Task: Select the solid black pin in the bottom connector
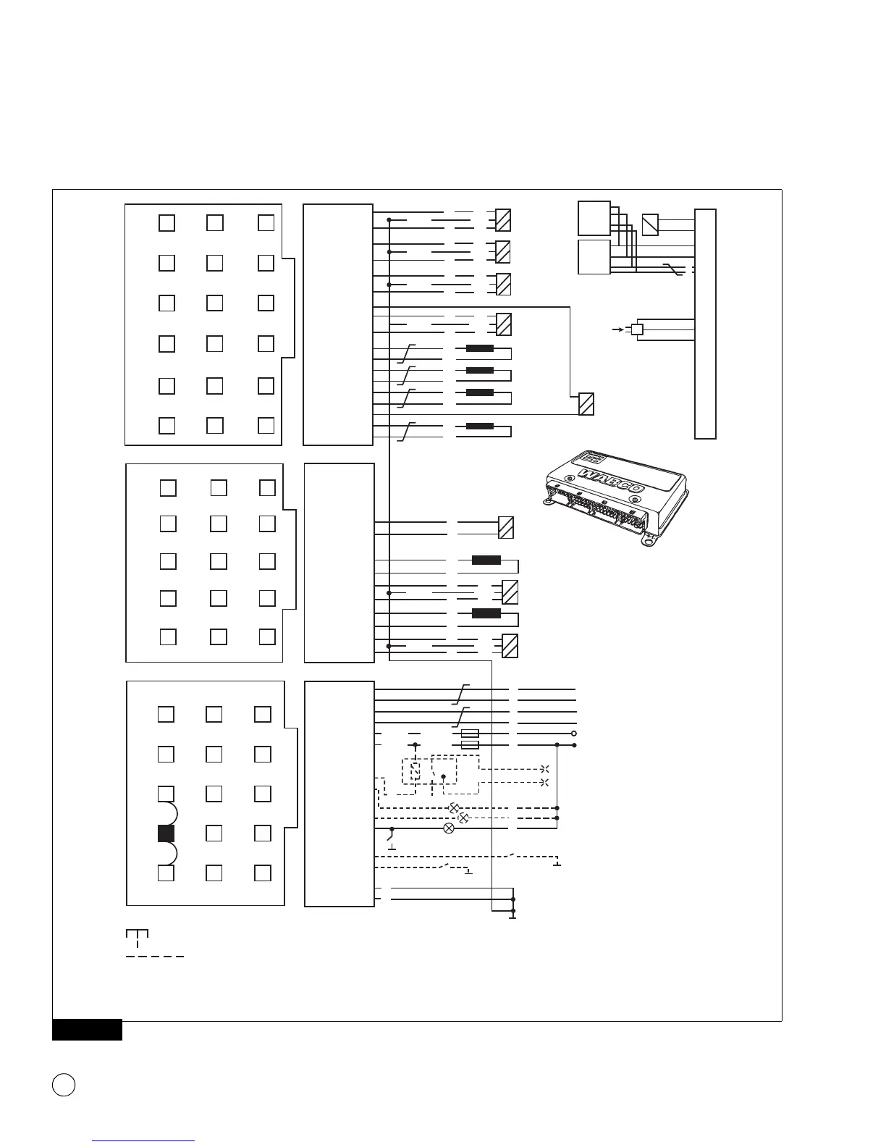click(166, 833)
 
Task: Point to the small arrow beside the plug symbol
click(617, 329)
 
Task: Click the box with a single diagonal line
click(650, 224)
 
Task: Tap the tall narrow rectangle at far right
click(705, 324)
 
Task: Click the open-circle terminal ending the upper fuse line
click(574, 734)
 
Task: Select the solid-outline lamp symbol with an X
click(448, 828)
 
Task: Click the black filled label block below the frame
click(87, 1030)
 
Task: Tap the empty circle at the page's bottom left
click(64, 1084)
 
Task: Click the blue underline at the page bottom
click(144, 1141)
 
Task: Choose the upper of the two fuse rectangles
click(470, 734)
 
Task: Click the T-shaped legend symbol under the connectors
click(137, 936)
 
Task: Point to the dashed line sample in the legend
click(155, 957)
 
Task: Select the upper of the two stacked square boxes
click(594, 218)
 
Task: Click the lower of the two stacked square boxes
click(594, 257)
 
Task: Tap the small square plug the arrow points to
click(637, 329)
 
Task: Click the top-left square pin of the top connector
click(166, 222)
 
